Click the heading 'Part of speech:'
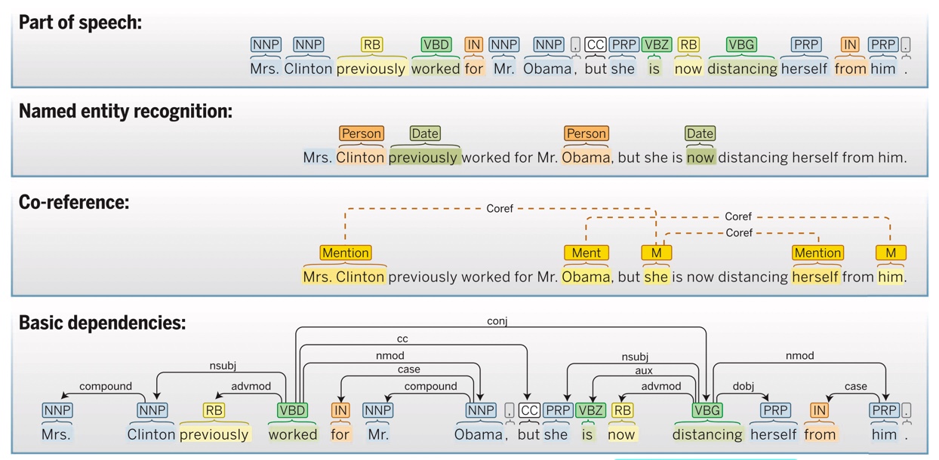click(x=80, y=23)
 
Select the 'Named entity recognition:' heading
click(x=125, y=112)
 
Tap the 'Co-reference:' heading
click(x=74, y=202)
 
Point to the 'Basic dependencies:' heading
click(x=102, y=323)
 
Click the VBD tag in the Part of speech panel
click(x=436, y=44)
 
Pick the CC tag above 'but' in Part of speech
click(x=596, y=44)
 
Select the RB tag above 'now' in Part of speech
click(x=688, y=44)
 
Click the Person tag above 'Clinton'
click(x=362, y=133)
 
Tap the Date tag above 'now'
click(x=700, y=133)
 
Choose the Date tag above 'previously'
click(x=424, y=133)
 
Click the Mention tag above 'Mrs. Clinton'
click(x=345, y=253)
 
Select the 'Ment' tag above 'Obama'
click(x=586, y=253)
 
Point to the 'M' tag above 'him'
click(x=891, y=253)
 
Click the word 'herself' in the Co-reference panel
click(x=815, y=277)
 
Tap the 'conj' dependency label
click(x=497, y=321)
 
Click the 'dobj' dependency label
click(x=744, y=386)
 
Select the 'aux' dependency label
click(x=644, y=370)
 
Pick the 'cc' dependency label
click(x=402, y=339)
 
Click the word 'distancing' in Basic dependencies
click(x=707, y=434)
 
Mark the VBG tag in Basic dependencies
click(x=707, y=410)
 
